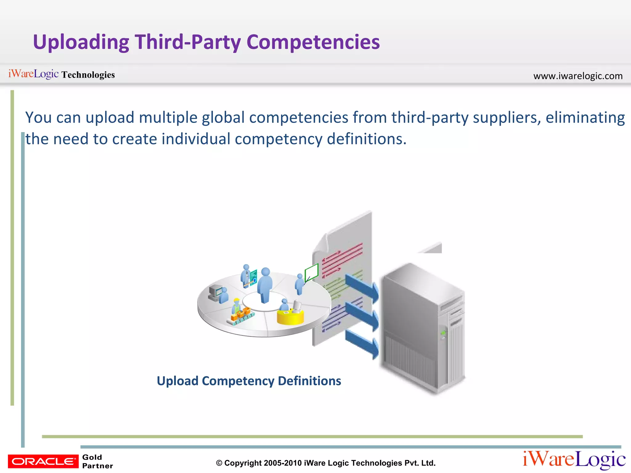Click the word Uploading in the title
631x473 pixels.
(81, 42)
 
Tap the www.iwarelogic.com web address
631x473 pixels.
(578, 76)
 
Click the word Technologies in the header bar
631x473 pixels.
(88, 75)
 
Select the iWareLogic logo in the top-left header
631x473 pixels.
(33, 74)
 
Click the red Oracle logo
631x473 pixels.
(43, 461)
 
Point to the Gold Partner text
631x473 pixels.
(97, 461)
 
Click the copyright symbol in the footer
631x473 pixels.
(219, 463)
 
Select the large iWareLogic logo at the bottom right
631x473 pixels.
(574, 460)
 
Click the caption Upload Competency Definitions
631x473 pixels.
(249, 381)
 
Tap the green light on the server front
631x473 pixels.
(443, 333)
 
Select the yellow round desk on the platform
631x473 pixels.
(290, 317)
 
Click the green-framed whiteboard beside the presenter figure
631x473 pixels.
(311, 272)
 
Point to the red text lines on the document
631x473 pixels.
(342, 259)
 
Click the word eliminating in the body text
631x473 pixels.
(585, 117)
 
